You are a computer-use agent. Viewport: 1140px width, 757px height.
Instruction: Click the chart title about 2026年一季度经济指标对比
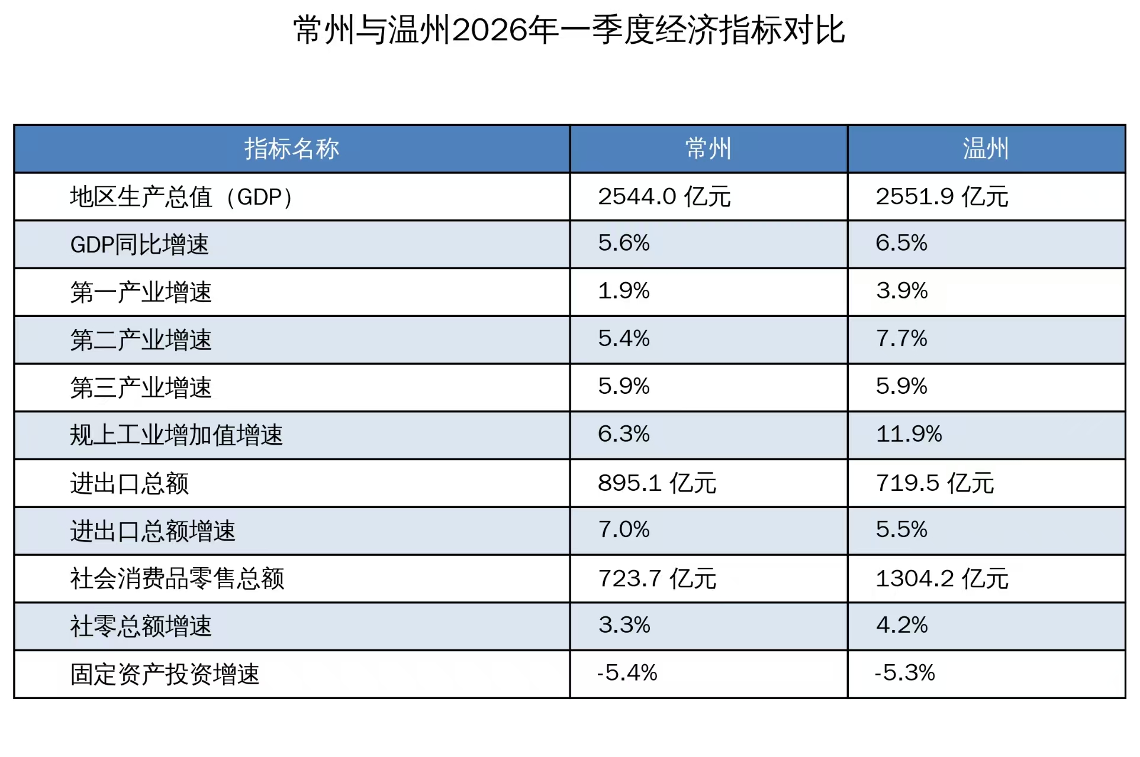[569, 30]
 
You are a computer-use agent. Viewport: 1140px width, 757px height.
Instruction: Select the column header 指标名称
[292, 148]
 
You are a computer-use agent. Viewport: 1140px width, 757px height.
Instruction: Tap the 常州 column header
[709, 148]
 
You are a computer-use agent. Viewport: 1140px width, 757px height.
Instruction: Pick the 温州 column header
[986, 148]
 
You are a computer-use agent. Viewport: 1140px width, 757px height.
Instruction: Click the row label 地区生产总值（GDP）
[182, 197]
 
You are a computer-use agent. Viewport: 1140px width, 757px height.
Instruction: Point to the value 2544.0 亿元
[664, 196]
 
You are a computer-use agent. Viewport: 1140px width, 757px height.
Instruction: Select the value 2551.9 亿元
[942, 196]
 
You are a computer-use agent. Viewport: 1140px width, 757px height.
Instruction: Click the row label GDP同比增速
[140, 244]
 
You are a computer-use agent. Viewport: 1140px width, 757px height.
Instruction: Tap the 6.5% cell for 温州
[901, 243]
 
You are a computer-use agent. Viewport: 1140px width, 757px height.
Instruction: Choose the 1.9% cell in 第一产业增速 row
[624, 291]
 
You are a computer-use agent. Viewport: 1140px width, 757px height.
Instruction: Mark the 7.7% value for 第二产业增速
[901, 338]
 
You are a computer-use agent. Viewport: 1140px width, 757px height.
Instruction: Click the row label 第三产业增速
[141, 388]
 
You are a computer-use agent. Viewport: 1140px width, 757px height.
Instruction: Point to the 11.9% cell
[909, 434]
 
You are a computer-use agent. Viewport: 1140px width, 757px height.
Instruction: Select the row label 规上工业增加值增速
[176, 435]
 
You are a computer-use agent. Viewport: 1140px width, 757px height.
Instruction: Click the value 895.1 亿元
[657, 483]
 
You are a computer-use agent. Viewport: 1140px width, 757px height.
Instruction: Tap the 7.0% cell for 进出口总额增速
[624, 529]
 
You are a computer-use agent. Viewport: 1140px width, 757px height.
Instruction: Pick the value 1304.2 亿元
[942, 578]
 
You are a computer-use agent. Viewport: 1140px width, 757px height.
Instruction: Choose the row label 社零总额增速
[141, 626]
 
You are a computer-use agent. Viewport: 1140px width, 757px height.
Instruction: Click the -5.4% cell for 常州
[627, 673]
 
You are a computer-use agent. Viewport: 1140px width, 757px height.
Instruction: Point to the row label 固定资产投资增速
[165, 674]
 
